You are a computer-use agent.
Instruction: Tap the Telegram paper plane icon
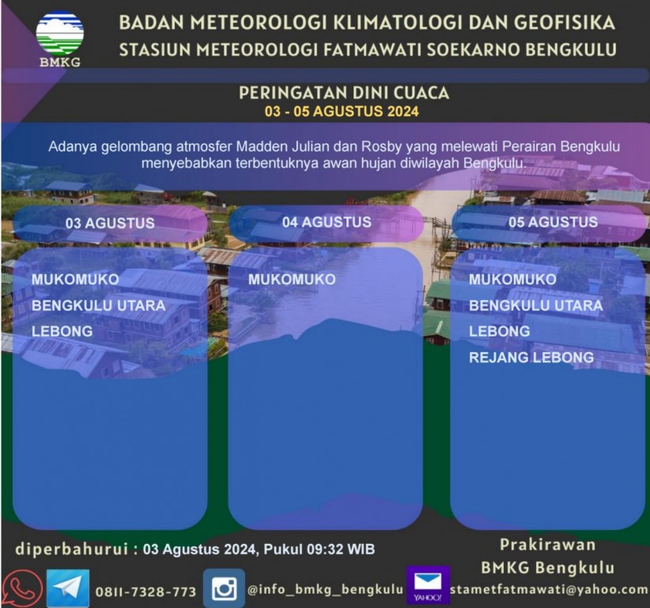(67, 588)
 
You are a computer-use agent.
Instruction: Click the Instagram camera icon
(224, 588)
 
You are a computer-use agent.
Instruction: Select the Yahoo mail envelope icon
(429, 585)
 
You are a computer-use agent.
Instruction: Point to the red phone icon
(20, 589)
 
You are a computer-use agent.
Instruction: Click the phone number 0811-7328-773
(145, 591)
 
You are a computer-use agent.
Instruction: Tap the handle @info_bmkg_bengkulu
(325, 590)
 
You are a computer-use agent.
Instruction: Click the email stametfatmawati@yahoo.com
(549, 589)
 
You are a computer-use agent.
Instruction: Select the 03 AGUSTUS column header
(110, 223)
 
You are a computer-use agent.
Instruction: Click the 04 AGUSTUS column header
(327, 222)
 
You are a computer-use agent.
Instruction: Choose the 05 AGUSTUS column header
(553, 222)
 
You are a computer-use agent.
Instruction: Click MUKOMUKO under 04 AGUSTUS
(292, 279)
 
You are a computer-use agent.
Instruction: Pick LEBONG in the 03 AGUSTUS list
(62, 331)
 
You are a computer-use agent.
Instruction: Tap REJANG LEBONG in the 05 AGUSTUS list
(531, 357)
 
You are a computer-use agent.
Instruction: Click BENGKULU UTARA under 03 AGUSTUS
(99, 306)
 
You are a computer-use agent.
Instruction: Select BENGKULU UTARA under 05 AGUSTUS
(536, 306)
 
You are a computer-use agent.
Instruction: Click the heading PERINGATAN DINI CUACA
(344, 93)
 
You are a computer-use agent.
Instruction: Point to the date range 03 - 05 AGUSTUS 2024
(342, 112)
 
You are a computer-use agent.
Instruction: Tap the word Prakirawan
(548, 545)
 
